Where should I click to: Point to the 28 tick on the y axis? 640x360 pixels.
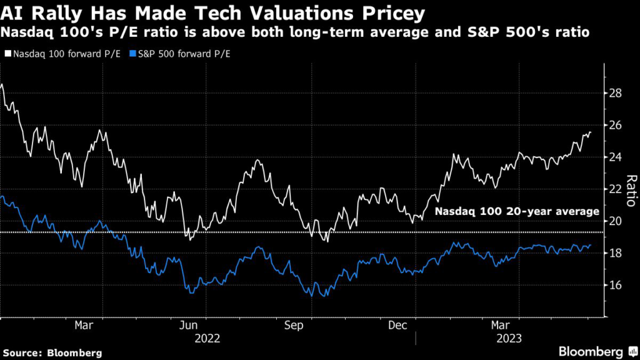[x=616, y=93]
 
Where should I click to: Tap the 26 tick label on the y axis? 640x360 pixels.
[x=616, y=125]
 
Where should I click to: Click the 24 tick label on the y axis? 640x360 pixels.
[x=616, y=157]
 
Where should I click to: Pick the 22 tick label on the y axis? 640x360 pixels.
[x=616, y=189]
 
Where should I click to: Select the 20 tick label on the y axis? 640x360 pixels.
[x=616, y=221]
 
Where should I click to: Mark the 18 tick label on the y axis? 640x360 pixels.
[x=616, y=252]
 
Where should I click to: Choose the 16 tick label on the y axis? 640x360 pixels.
[x=616, y=285]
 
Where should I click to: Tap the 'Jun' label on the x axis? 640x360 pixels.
[x=189, y=326]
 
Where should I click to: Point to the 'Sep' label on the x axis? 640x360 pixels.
[x=293, y=326]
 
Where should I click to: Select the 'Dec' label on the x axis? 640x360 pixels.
[x=397, y=326]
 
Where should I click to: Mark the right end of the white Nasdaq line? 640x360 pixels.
[x=591, y=132]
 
